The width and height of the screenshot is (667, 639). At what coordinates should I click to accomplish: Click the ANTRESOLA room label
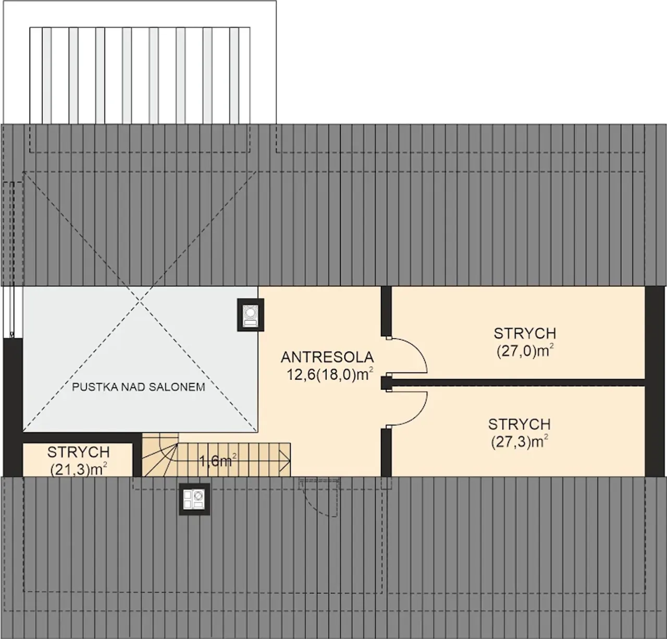[x=327, y=357]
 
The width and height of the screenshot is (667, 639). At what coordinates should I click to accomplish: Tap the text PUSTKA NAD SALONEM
[x=139, y=387]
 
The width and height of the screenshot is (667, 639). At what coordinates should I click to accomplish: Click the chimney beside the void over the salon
[x=251, y=315]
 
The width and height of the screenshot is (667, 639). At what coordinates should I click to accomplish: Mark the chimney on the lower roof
[x=194, y=499]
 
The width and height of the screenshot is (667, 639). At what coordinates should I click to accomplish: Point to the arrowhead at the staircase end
[x=285, y=461]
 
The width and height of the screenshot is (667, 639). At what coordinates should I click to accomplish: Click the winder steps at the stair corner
[x=160, y=455]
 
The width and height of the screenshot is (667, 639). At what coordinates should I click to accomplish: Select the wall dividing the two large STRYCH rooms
[x=518, y=383]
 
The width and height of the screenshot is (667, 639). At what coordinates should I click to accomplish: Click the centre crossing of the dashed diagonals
[x=140, y=300]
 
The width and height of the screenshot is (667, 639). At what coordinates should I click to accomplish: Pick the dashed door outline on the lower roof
[x=319, y=497]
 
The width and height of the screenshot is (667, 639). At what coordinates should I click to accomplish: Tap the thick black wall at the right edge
[x=655, y=381]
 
